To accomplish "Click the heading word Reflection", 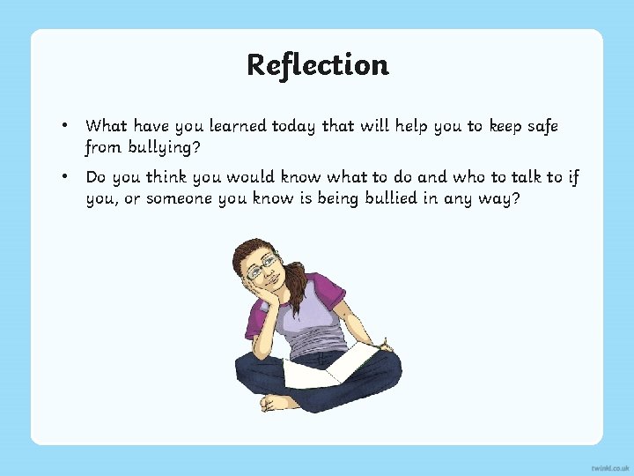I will click(317, 64).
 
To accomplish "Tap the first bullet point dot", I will click(65, 126).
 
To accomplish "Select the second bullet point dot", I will click(65, 177).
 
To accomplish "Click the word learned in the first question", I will click(240, 126).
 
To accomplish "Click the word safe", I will click(538, 126).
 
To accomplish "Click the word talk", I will click(504, 177).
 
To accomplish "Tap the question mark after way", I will click(516, 198).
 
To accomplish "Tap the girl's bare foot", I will click(278, 402).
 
